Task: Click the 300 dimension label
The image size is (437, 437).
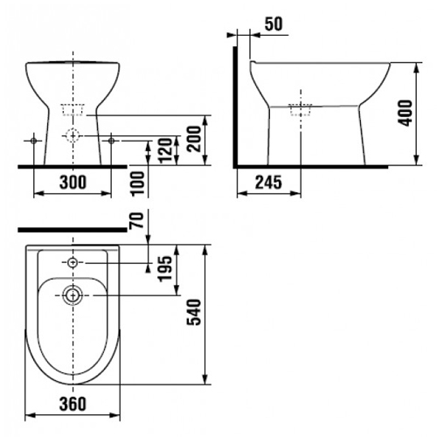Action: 73,182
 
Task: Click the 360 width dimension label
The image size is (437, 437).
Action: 73,404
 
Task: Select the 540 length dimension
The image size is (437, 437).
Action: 195,312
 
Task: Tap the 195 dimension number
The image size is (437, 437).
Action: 165,268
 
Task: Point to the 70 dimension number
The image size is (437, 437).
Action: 138,220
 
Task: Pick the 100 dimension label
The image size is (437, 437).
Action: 138,184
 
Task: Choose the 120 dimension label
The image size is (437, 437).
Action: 165,150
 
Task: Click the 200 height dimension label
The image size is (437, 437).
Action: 194,139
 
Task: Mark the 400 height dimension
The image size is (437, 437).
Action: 406,113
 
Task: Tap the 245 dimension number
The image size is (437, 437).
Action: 268,183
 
